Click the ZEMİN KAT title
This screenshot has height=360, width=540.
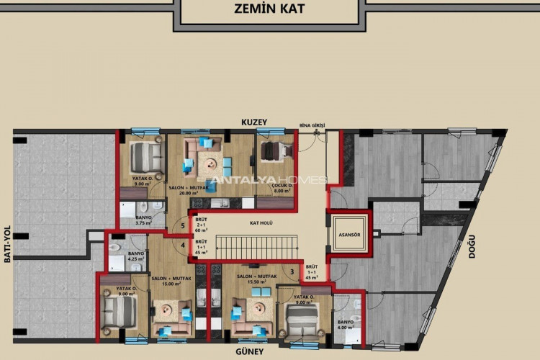(x=271, y=9)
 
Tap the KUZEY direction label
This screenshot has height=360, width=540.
(x=254, y=122)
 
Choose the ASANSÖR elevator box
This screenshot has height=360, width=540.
(x=349, y=235)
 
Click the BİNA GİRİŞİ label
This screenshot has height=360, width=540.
(x=312, y=125)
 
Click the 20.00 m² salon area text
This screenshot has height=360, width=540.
(x=189, y=193)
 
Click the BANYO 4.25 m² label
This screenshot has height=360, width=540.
(x=136, y=256)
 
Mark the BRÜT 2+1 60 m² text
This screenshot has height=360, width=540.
(x=202, y=225)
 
